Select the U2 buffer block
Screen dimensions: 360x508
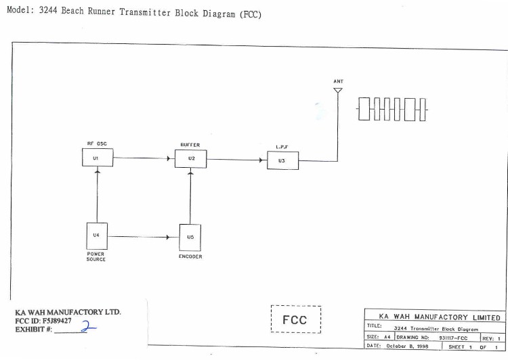coord(191,159)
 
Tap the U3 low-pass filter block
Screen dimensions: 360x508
coord(282,161)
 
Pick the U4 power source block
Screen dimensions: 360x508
coord(96,236)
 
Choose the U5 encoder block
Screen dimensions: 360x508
coord(191,238)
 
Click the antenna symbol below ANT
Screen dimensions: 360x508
coord(338,91)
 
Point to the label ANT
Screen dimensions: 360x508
coord(338,81)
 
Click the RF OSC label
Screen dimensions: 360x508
coord(97,143)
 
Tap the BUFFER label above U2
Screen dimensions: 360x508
coord(190,144)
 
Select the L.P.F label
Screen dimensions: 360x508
coord(282,147)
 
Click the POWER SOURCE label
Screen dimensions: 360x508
coord(96,256)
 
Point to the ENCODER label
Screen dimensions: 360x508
coord(190,256)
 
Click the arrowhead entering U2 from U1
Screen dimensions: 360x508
coord(168,160)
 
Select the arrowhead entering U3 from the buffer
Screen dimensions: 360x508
coord(261,161)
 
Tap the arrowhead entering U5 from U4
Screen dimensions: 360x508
coord(168,238)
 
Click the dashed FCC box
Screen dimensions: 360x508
coord(295,319)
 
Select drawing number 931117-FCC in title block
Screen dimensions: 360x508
coord(453,337)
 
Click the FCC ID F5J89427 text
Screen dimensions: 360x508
coord(43,321)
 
